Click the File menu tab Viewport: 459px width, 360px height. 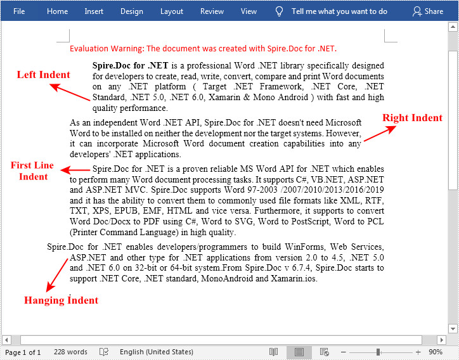19,11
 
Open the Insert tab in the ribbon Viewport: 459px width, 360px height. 94,11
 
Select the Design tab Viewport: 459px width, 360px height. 131,11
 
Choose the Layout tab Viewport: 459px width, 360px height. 171,11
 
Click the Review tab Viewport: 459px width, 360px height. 212,11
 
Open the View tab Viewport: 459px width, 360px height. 249,11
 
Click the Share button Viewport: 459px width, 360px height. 428,11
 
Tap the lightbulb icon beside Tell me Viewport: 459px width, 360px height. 279,11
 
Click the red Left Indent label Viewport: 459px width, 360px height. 43,75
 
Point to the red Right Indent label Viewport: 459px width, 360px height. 412,118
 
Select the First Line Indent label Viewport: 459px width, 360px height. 32,171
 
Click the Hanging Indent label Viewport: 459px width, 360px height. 61,300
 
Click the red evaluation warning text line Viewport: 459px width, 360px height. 203,48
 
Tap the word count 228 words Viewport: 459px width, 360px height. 70,352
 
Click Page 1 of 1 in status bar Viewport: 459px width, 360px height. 23,352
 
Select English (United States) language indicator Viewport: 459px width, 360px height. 156,352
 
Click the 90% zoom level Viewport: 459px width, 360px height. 436,352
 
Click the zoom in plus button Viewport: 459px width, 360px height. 418,352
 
